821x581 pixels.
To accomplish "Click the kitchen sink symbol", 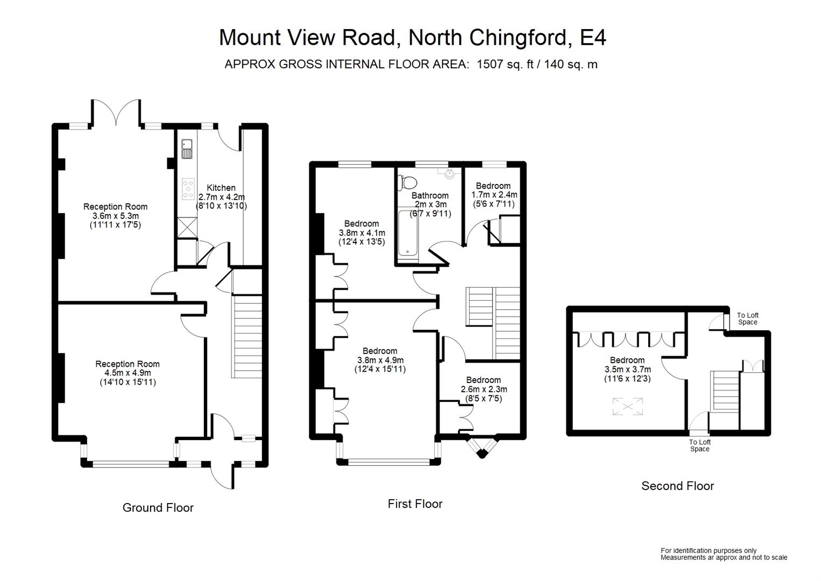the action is tap(187, 149).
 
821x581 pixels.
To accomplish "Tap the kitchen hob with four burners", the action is tap(188, 189).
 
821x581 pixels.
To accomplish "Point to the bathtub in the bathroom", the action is tap(408, 232).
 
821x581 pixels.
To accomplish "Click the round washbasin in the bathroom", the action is tap(450, 173).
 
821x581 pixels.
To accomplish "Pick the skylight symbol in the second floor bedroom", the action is tap(627, 407).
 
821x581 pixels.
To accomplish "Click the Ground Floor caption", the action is tap(158, 508).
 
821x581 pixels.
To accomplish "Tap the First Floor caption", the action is tap(415, 504).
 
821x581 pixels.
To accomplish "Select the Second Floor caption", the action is tap(678, 486).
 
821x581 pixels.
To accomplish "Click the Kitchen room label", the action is tap(221, 188).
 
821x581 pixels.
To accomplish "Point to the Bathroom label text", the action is tap(430, 195).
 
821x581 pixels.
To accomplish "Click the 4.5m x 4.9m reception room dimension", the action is tap(128, 373).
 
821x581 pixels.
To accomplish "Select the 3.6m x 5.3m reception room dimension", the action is tap(116, 216).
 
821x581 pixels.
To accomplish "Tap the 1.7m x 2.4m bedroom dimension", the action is tap(494, 195).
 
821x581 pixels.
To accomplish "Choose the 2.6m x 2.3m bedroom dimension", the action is tap(484, 389).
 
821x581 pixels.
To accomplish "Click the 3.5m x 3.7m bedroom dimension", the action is tap(627, 369).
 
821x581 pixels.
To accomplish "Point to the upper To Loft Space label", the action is tap(748, 318).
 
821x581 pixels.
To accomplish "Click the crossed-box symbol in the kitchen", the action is tap(187, 227).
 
